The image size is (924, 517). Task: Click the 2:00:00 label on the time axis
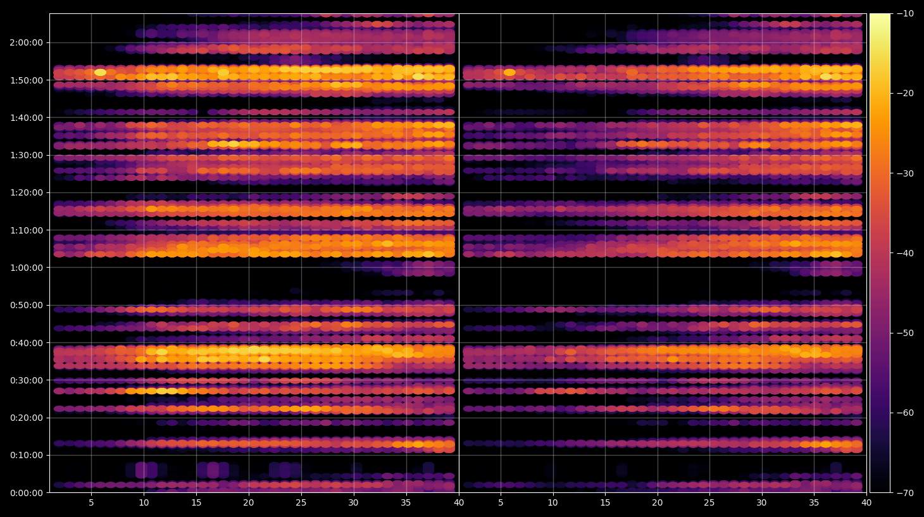(27, 42)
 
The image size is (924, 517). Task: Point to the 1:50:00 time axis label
(27, 80)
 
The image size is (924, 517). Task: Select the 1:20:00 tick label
(27, 193)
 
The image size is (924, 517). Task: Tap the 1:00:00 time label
(27, 268)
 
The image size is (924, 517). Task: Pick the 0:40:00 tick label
(27, 343)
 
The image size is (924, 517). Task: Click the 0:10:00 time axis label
(27, 455)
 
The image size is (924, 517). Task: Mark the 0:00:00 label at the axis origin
(27, 493)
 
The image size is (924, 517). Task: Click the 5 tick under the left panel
(91, 502)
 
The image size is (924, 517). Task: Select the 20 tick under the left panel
(248, 502)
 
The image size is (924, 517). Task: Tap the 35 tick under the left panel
(406, 502)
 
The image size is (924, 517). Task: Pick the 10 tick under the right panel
(553, 502)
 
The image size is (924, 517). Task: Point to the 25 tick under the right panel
(709, 502)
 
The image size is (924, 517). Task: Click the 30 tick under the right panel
(761, 502)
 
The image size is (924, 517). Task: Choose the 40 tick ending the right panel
(866, 502)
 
